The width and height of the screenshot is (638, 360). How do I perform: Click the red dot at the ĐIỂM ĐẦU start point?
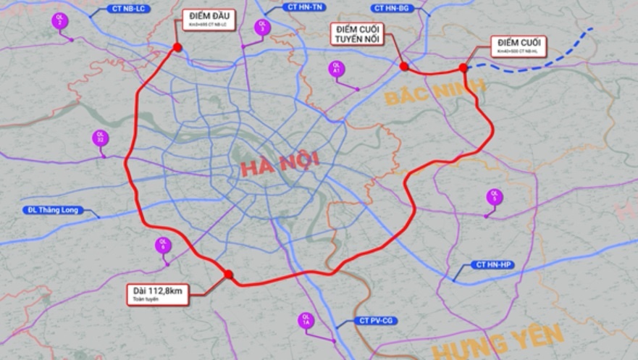[177, 48]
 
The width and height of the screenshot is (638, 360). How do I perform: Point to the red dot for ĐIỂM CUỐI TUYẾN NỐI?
[404, 67]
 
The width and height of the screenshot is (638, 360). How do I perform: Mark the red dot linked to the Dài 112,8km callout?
[228, 275]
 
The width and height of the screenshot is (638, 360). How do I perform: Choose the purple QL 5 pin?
[495, 196]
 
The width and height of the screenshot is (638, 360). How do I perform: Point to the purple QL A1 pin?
[335, 70]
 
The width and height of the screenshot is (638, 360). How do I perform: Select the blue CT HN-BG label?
[392, 8]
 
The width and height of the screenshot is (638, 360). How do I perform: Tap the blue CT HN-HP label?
[494, 266]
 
